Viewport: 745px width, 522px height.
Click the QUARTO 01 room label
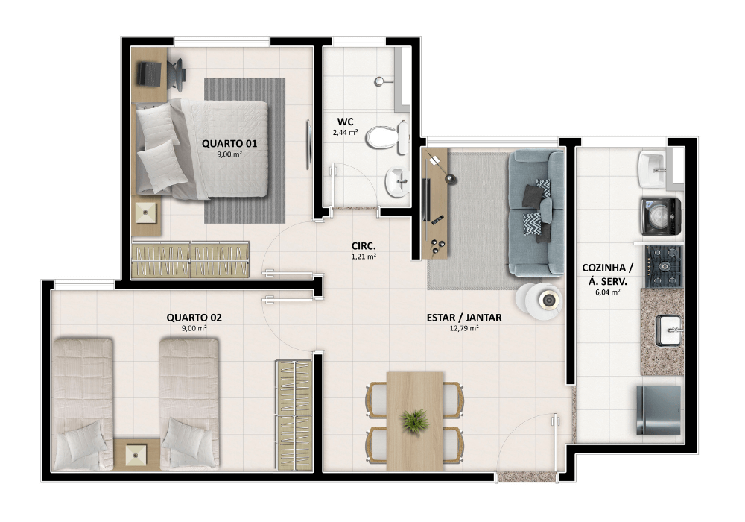point(229,144)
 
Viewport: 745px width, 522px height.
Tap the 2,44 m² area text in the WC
point(346,133)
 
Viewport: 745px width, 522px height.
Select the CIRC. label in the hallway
point(364,246)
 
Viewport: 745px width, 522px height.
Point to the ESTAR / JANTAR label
point(463,318)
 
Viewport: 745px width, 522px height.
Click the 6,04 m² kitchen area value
point(608,292)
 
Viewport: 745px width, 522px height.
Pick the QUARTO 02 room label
point(194,318)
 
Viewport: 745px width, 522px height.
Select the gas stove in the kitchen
point(663,267)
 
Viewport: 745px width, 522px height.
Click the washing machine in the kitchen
point(660,217)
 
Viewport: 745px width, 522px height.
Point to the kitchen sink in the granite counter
point(669,330)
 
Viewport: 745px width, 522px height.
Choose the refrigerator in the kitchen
point(659,410)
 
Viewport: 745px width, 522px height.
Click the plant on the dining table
point(415,421)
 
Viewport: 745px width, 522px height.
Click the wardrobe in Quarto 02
point(294,415)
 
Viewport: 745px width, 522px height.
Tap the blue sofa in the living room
point(536,213)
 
